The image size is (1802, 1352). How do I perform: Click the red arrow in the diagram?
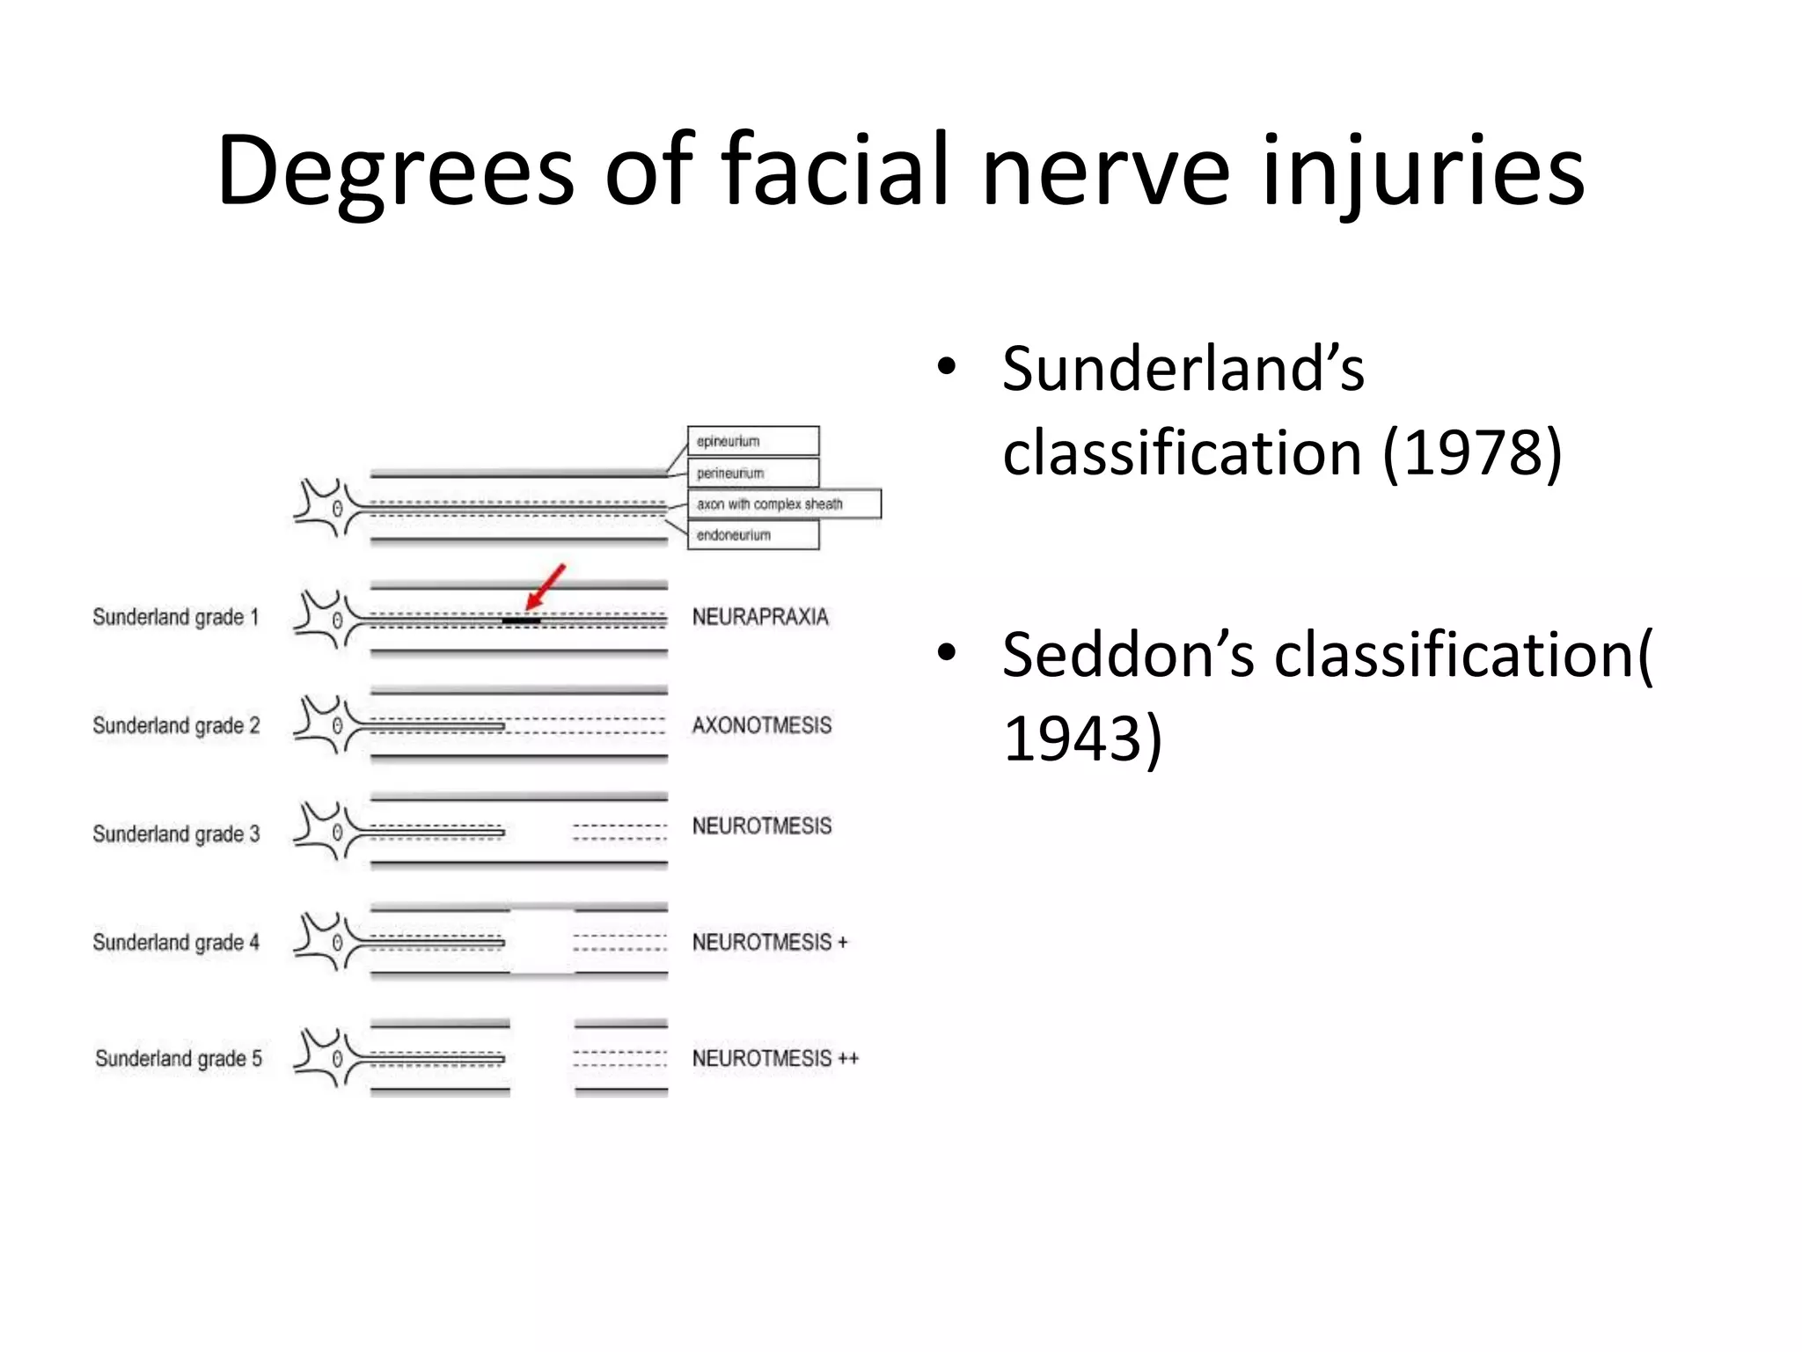(546, 586)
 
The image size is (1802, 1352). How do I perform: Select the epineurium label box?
(752, 441)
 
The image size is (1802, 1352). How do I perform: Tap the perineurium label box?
(752, 473)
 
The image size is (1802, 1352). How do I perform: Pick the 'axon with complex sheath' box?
(783, 504)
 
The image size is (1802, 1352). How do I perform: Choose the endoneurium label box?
(752, 535)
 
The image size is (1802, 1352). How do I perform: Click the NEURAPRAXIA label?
(760, 617)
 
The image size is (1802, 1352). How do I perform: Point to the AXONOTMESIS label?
(761, 725)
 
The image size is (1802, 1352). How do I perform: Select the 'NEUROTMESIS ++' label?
(775, 1058)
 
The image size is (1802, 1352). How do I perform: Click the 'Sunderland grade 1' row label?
(176, 617)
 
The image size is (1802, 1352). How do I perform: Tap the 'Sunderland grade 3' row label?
(176, 834)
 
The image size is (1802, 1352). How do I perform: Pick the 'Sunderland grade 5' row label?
(179, 1058)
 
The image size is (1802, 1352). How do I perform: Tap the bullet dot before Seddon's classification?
(947, 653)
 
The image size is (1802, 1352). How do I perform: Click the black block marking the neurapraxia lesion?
(521, 621)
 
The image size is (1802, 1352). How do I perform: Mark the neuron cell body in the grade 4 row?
(335, 943)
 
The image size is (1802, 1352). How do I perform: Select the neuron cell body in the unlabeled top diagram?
(335, 509)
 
